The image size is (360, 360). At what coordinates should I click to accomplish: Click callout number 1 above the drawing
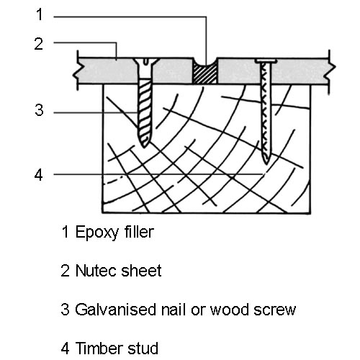(40, 14)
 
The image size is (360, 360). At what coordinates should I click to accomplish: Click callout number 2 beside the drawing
(39, 44)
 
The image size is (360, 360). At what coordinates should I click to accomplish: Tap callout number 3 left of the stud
(39, 110)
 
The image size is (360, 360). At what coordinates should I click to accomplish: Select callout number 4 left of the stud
(39, 175)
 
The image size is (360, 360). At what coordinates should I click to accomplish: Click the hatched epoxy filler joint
(205, 74)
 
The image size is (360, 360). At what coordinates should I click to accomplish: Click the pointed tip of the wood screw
(144, 146)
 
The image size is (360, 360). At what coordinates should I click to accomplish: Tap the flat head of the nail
(266, 61)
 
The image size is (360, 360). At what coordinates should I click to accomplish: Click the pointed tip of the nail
(266, 163)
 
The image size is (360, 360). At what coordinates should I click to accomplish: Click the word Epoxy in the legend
(97, 233)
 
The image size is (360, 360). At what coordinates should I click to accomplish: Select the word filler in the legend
(139, 232)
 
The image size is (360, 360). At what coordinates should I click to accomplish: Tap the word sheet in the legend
(142, 271)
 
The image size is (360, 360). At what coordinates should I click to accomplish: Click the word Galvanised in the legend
(116, 310)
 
